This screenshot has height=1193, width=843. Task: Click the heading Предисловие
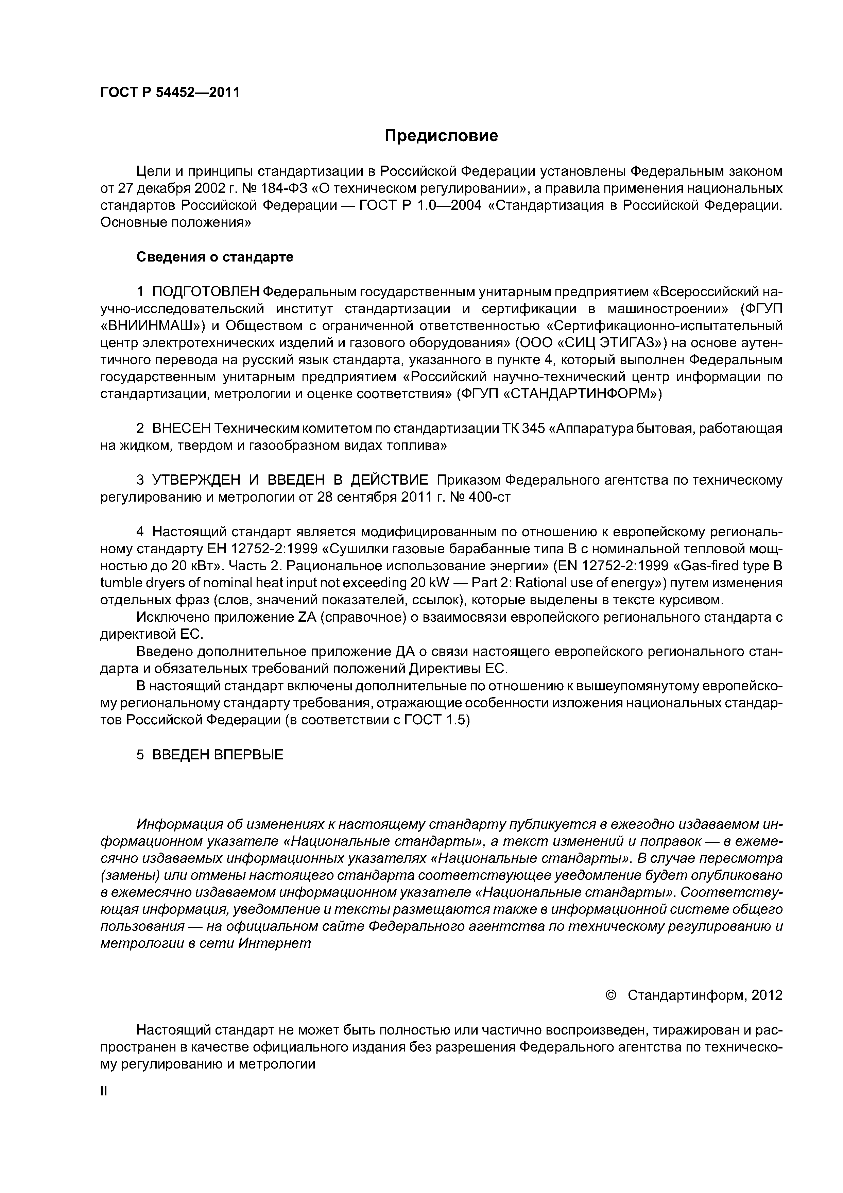pyautogui.click(x=441, y=136)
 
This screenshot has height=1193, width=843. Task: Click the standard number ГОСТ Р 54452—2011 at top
pyautogui.click(x=170, y=93)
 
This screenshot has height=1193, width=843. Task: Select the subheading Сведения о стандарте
pyautogui.click(x=214, y=257)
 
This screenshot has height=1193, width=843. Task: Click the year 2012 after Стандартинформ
pyautogui.click(x=767, y=995)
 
